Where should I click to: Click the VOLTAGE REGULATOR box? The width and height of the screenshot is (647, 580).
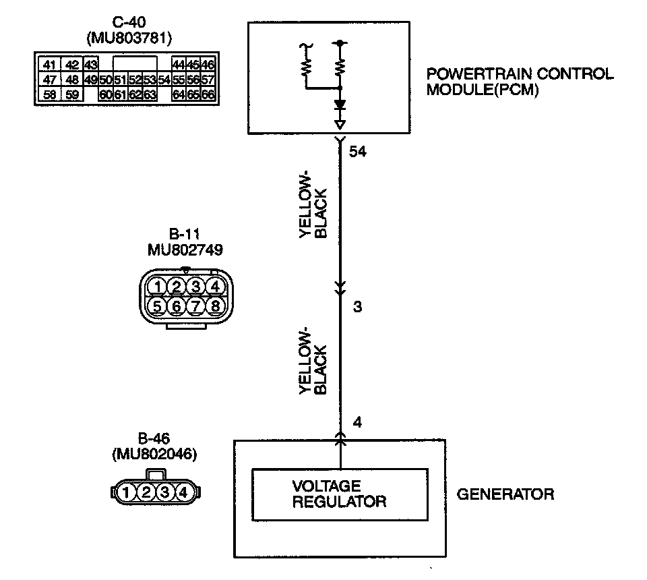[x=340, y=494]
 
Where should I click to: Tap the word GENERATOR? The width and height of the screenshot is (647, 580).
[x=505, y=494]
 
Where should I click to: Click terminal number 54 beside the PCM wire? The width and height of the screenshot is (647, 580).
[x=357, y=153]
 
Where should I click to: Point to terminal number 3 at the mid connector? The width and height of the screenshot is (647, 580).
[x=357, y=308]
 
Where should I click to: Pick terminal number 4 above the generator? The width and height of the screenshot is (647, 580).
[x=357, y=423]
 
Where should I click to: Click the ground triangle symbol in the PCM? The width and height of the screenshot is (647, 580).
[x=340, y=125]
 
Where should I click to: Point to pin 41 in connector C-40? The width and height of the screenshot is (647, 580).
[x=49, y=65]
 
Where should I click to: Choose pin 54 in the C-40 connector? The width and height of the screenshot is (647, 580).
[x=164, y=80]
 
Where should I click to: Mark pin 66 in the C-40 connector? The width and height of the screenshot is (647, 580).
[x=208, y=94]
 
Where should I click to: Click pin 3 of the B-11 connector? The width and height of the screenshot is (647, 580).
[x=195, y=287]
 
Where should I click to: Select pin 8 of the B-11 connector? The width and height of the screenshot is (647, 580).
[x=215, y=307]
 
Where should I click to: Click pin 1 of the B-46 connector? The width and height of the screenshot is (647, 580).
[x=127, y=493]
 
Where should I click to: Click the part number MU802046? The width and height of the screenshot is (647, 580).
[x=154, y=455]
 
